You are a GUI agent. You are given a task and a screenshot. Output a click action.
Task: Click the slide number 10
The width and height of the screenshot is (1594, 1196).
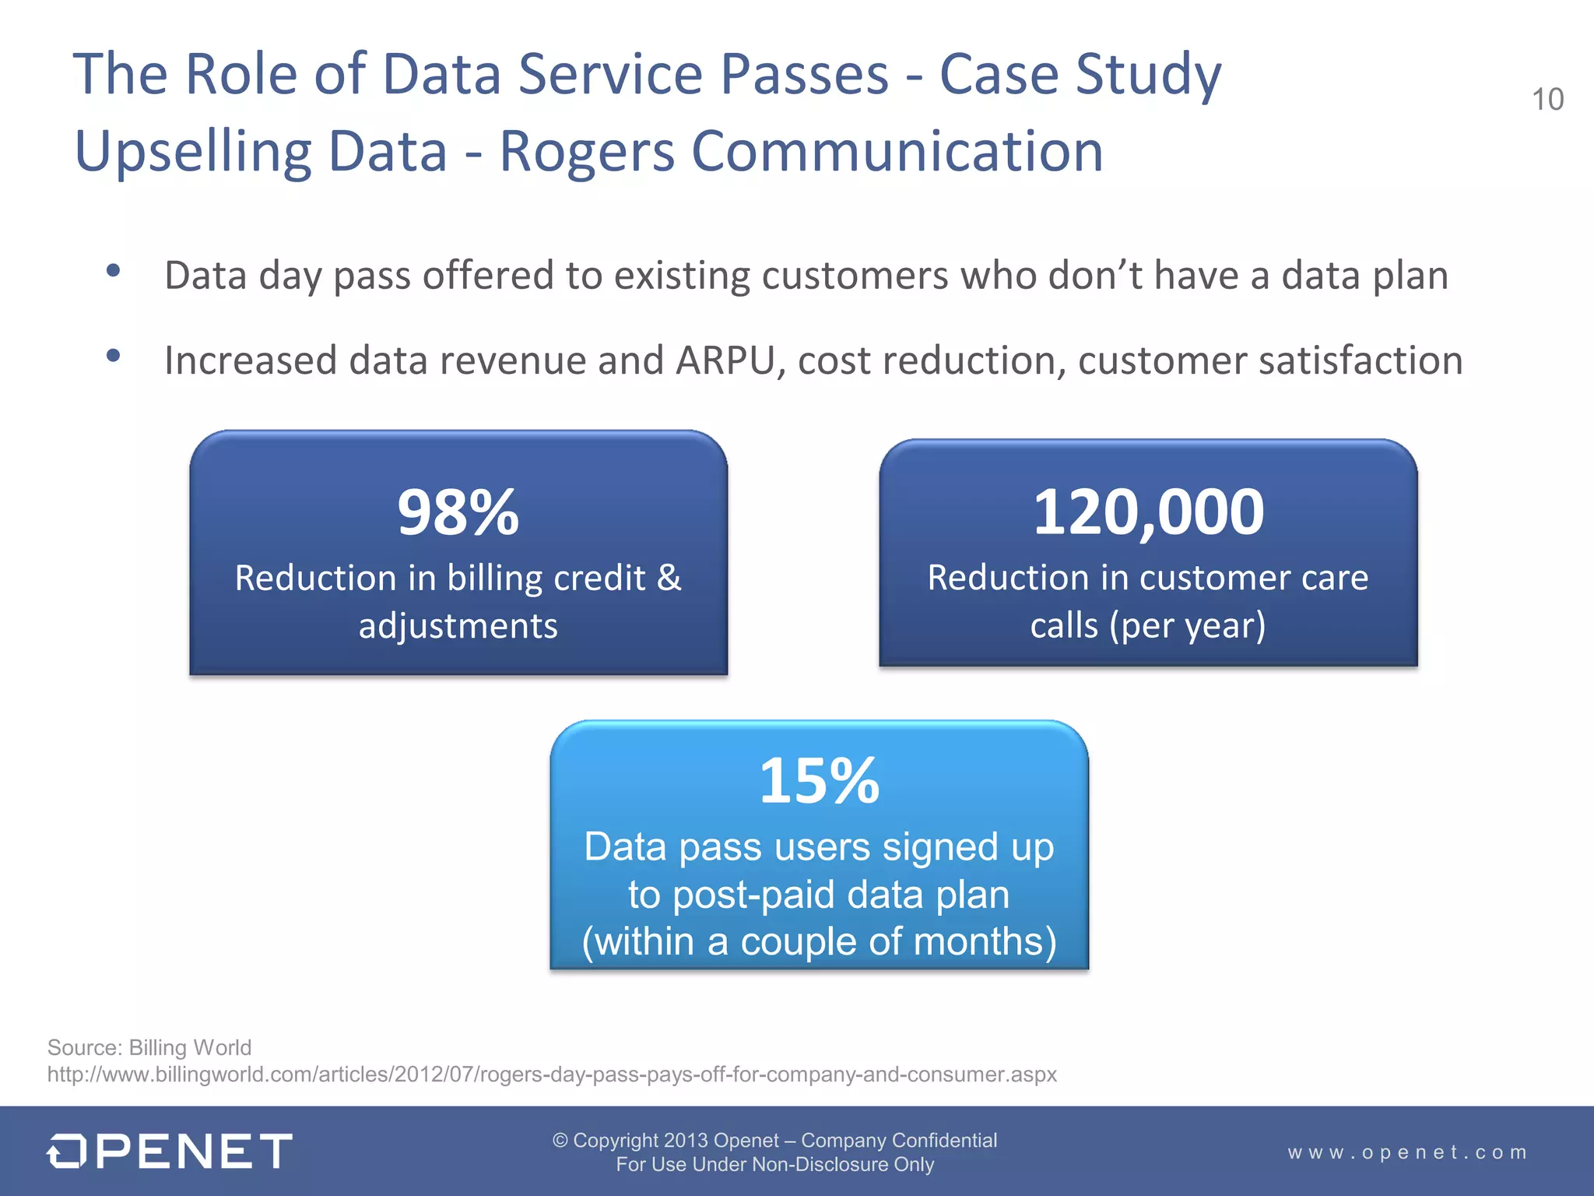(1547, 100)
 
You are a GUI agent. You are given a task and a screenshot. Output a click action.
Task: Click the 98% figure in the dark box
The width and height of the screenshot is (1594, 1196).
(458, 512)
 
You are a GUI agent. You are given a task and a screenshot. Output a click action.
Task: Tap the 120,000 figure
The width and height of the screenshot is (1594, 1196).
(1148, 512)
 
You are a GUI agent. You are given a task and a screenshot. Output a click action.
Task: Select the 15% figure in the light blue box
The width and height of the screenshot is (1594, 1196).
(819, 781)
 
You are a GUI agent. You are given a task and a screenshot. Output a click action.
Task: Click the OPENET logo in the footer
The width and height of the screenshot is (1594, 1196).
(170, 1151)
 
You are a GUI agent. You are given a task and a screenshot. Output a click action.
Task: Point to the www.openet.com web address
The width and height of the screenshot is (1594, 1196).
(1407, 1152)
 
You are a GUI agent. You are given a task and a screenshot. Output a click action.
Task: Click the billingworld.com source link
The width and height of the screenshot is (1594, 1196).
(551, 1075)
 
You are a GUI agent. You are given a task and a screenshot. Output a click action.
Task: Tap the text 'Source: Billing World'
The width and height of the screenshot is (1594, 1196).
(149, 1047)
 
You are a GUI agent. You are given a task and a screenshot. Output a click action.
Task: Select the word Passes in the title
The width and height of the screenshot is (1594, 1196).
(804, 75)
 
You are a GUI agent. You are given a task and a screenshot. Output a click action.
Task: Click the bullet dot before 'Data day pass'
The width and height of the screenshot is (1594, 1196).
(114, 271)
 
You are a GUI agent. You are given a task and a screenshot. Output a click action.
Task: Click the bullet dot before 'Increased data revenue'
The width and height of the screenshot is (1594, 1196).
(114, 356)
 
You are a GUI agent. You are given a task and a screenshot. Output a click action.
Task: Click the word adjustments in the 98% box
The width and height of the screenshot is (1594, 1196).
(458, 626)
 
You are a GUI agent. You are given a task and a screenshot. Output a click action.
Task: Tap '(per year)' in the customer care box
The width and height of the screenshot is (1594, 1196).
(1188, 625)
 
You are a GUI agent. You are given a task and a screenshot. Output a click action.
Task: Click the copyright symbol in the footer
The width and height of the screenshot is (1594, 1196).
(560, 1140)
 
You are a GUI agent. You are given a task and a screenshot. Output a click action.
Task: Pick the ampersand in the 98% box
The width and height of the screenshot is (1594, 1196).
(669, 578)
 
